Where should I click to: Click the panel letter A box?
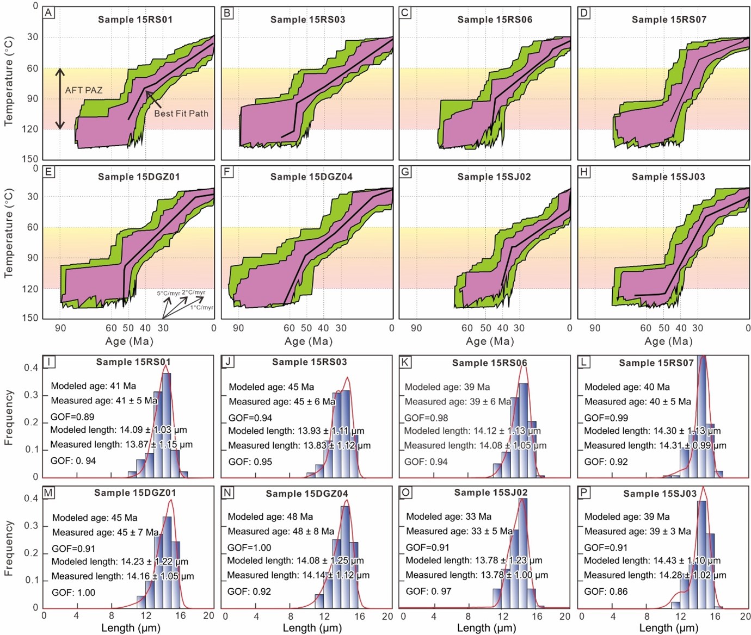coord(49,13)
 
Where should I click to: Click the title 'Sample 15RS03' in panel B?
coord(307,20)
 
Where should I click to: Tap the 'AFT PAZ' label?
coord(84,90)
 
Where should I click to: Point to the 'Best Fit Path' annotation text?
coord(181,114)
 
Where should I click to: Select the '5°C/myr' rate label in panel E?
coord(169,294)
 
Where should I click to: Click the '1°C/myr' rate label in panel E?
coord(202,308)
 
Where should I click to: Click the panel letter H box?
coord(584,172)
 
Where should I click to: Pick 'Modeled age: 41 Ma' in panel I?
coord(94,386)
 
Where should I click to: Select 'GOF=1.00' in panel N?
coord(249,547)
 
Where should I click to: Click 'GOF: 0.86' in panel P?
coord(606,592)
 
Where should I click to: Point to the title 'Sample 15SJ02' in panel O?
coord(491,493)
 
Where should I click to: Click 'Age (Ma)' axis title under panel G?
coord(490,341)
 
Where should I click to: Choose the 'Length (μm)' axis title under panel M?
coord(131,628)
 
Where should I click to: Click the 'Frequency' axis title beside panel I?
coord(9,418)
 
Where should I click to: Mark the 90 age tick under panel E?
coord(60,328)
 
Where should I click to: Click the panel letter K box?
coord(405,362)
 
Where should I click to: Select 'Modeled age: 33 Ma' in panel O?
coord(448,516)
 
